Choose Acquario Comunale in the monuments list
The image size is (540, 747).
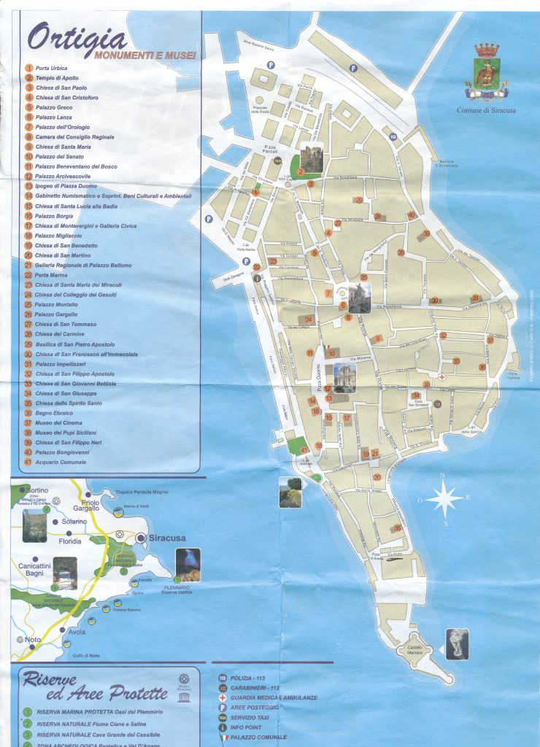pos(61,462)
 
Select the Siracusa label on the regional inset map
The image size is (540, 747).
pos(166,538)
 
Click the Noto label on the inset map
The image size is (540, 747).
pos(33,640)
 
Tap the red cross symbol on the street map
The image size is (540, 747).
pos(442,378)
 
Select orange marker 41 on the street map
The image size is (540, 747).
pos(305,451)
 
